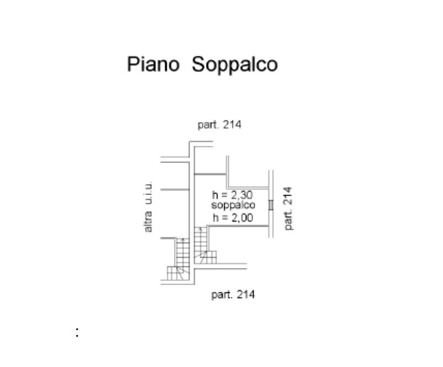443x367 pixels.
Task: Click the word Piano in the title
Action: point(153,64)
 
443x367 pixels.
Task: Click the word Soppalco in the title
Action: point(234,65)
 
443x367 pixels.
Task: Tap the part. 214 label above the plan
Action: point(219,125)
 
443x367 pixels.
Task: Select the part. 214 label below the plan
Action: point(233,295)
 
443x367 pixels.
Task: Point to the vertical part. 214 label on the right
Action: point(287,208)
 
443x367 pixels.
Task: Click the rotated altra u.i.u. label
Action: point(148,207)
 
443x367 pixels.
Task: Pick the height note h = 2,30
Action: point(233,195)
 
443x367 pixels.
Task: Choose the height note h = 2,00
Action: point(233,218)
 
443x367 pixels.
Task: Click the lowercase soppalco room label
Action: point(233,206)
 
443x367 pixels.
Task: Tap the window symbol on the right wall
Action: point(270,205)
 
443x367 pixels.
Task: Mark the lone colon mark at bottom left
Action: point(77,332)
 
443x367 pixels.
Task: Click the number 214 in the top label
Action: point(233,125)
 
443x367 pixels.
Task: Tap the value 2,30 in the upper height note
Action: point(241,195)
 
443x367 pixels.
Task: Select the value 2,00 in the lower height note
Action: point(241,218)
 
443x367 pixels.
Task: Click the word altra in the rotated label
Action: point(148,222)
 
